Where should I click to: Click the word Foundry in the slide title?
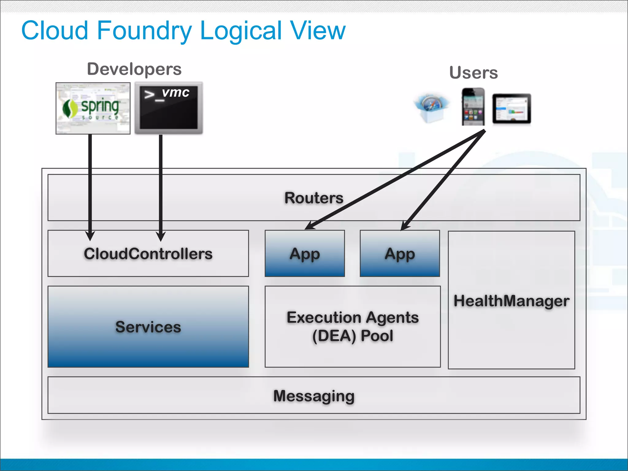click(144, 31)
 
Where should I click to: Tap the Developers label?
click(134, 69)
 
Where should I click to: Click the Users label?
click(473, 73)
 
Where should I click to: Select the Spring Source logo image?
click(93, 108)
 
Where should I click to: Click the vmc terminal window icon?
click(169, 108)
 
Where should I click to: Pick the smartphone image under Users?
click(473, 106)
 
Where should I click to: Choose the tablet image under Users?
click(511, 109)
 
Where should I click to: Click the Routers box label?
click(314, 198)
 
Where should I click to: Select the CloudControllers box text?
click(148, 254)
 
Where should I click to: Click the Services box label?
click(148, 327)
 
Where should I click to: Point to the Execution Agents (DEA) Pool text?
click(353, 326)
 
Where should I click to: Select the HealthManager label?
click(511, 301)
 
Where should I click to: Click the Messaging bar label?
click(314, 396)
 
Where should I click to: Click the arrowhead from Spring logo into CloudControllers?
click(90, 236)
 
